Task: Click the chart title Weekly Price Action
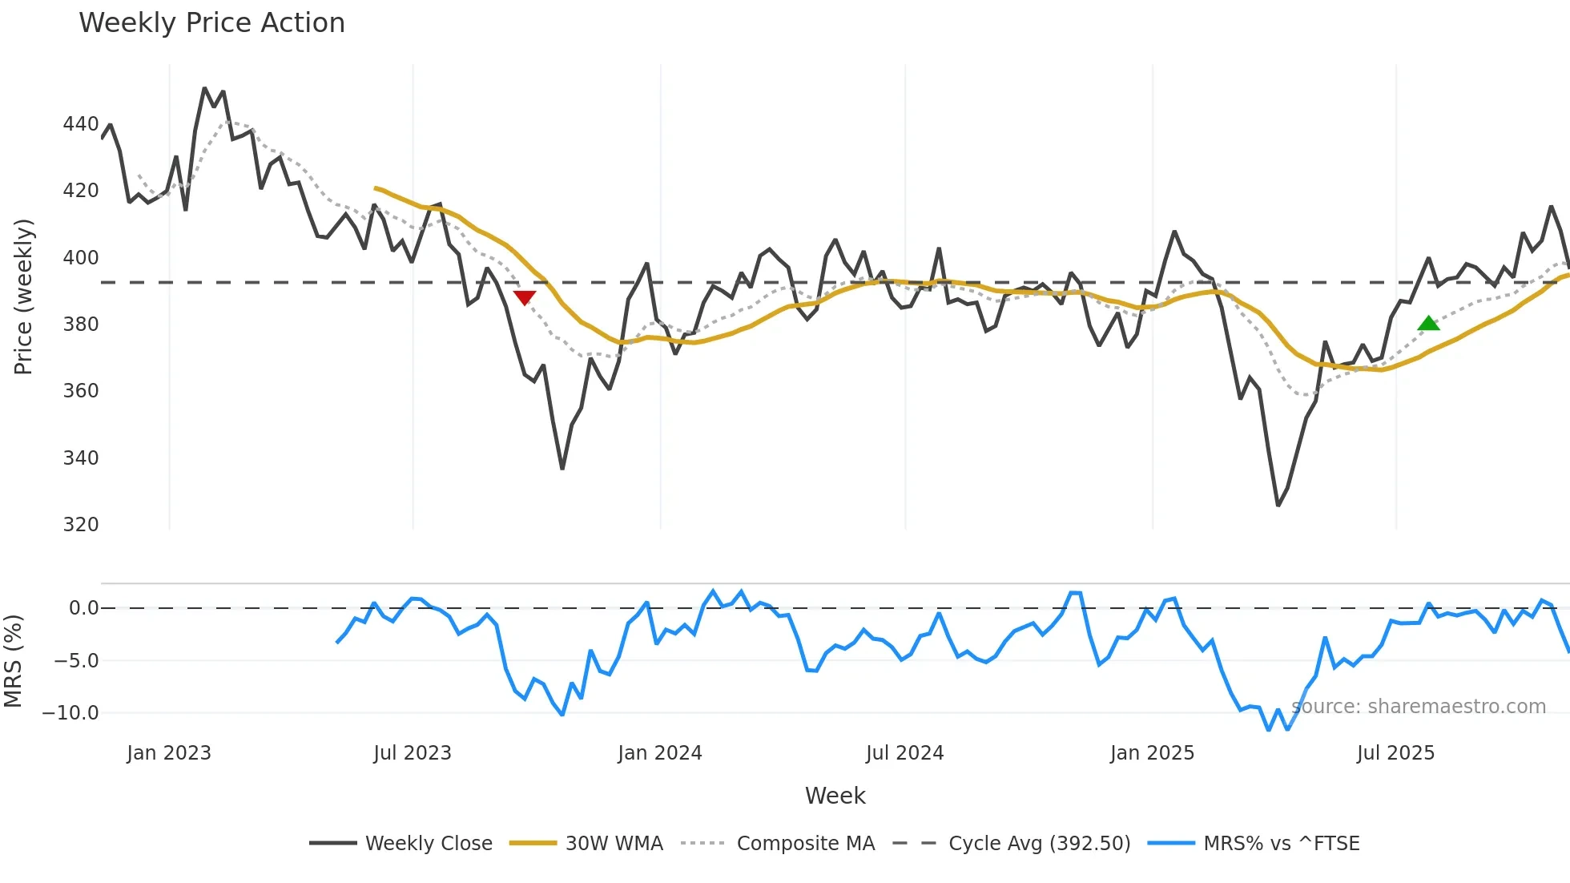(211, 23)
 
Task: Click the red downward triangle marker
(525, 298)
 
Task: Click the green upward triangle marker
(1428, 324)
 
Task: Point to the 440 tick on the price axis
(81, 124)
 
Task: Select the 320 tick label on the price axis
(81, 525)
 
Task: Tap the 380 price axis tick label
(81, 325)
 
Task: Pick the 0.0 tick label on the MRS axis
(83, 608)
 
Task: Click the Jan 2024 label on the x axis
(659, 753)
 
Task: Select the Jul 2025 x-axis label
(1395, 753)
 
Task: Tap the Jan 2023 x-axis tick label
(169, 753)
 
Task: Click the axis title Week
(835, 796)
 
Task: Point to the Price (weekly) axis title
(24, 296)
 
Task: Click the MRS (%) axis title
(13, 661)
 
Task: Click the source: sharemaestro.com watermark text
(1419, 707)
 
